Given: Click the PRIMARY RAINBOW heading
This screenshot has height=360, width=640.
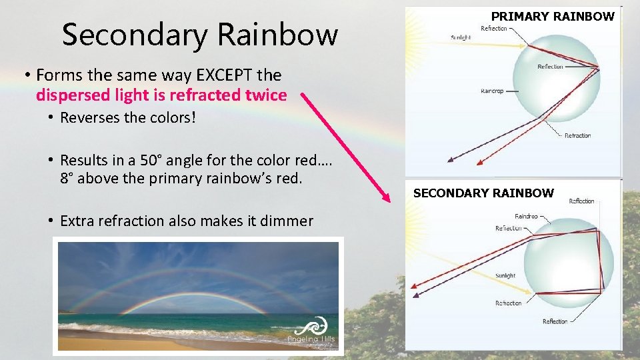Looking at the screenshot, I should pyautogui.click(x=553, y=16).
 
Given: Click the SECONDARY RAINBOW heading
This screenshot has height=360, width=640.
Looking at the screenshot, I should pyautogui.click(x=483, y=193).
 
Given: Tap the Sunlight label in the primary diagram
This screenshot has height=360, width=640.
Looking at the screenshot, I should pyautogui.click(x=460, y=38).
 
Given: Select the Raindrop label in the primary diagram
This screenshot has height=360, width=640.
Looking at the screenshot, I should pyautogui.click(x=492, y=91).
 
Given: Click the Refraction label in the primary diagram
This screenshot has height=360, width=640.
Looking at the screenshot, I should pyautogui.click(x=577, y=135).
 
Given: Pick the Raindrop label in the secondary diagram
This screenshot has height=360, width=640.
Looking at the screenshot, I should pyautogui.click(x=526, y=216).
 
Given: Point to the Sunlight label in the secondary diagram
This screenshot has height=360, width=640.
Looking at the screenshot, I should pyautogui.click(x=505, y=275).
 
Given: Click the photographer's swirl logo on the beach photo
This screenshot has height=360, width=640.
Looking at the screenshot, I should pyautogui.click(x=312, y=328).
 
